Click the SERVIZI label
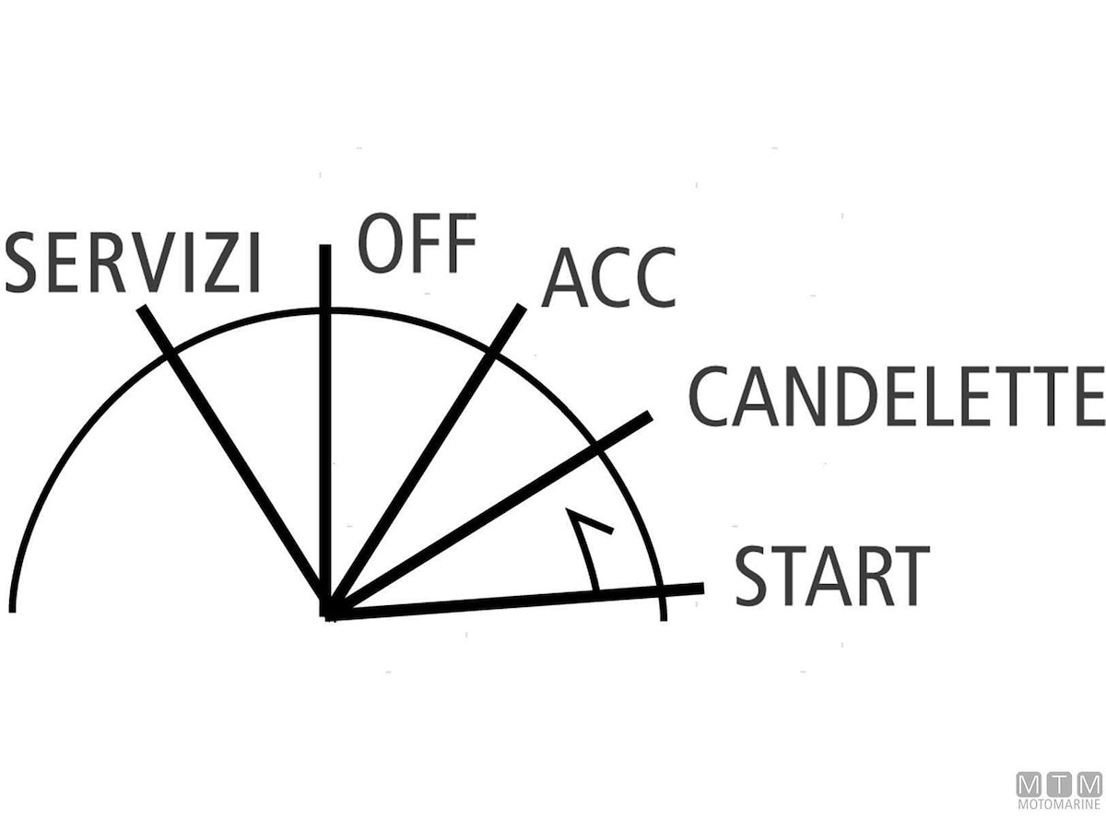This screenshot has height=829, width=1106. click(x=133, y=263)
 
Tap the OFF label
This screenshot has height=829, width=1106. click(x=418, y=243)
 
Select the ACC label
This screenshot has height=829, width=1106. click(x=608, y=277)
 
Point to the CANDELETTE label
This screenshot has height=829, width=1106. click(x=897, y=396)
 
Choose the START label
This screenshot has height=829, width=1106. click(x=832, y=576)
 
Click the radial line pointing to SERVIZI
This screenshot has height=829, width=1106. click(x=235, y=461)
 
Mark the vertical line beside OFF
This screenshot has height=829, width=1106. click(x=325, y=431)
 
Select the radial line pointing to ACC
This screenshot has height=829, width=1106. click(x=426, y=461)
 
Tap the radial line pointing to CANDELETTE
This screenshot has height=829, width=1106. click(x=488, y=516)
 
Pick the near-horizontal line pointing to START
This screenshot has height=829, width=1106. click(x=514, y=601)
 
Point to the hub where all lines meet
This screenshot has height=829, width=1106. click(x=328, y=613)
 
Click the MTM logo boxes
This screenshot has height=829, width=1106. click(x=1060, y=785)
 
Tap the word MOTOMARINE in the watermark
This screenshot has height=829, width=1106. click(x=1060, y=805)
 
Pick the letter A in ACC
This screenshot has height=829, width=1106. click(x=565, y=277)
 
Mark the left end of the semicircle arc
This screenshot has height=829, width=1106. click(x=13, y=612)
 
